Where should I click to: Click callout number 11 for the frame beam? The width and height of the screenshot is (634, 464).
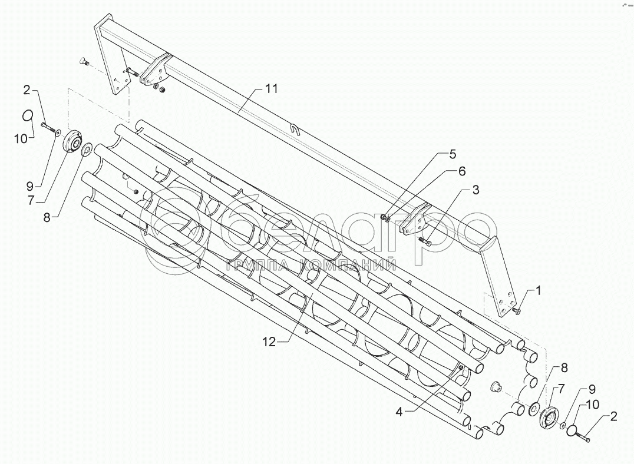pyautogui.click(x=271, y=89)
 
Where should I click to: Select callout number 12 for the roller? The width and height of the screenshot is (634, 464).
pyautogui.click(x=269, y=342)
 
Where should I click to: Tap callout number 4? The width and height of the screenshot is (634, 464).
pyautogui.click(x=399, y=412)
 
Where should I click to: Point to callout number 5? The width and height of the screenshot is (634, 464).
pyautogui.click(x=453, y=154)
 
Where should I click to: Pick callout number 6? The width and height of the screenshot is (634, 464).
pyautogui.click(x=462, y=171)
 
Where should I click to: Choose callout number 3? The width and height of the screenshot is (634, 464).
pyautogui.click(x=476, y=190)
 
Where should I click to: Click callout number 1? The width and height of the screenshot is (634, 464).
pyautogui.click(x=538, y=290)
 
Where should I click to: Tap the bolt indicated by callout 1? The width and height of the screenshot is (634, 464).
pyautogui.click(x=518, y=311)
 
